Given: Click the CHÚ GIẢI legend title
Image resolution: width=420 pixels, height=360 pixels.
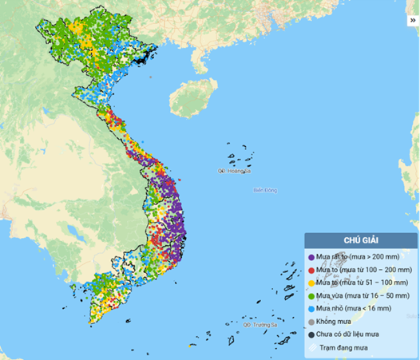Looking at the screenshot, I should pyautogui.click(x=361, y=240).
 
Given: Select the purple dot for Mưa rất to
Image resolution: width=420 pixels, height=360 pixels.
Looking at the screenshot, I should pyautogui.click(x=311, y=258).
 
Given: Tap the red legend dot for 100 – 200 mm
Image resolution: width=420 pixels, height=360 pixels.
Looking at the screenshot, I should pyautogui.click(x=311, y=271).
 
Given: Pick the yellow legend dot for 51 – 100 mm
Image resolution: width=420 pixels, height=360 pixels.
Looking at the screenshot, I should pyautogui.click(x=311, y=283).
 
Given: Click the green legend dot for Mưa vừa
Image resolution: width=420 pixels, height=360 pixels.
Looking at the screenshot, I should pyautogui.click(x=311, y=296).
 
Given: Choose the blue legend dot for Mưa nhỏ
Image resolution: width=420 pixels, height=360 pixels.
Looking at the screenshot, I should pyautogui.click(x=311, y=309).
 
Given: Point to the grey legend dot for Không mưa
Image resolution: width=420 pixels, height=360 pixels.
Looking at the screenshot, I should pyautogui.click(x=311, y=322).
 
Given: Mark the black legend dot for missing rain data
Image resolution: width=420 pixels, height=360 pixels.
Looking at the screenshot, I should pyautogui.click(x=311, y=334).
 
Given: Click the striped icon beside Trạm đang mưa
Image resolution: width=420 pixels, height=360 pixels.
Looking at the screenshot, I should pyautogui.click(x=311, y=348).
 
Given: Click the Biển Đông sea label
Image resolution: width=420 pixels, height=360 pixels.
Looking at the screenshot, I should pyautogui.click(x=264, y=190).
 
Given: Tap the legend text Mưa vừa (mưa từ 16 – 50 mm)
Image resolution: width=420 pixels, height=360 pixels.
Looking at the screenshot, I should pyautogui.click(x=364, y=296).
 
